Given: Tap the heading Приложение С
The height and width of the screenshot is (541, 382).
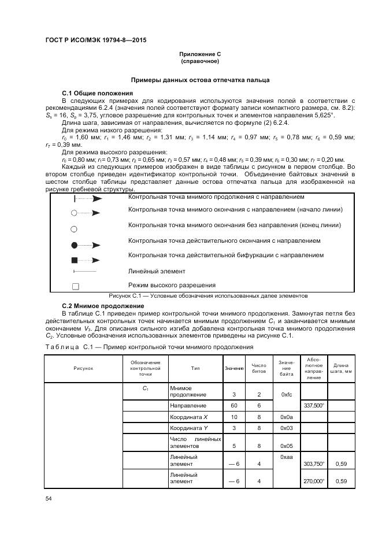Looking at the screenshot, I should [x=199, y=54].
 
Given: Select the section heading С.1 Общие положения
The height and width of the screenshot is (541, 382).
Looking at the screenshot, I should [x=97, y=92].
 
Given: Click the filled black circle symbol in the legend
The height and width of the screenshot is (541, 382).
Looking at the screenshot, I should [x=74, y=244].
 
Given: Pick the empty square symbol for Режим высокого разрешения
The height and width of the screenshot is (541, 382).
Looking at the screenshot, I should [x=75, y=286].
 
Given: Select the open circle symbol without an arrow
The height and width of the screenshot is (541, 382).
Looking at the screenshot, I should [x=74, y=228].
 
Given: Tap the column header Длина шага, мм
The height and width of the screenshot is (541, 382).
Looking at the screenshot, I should [x=341, y=368].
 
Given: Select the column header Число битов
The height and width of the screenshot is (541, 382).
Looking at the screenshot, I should [x=259, y=368].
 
